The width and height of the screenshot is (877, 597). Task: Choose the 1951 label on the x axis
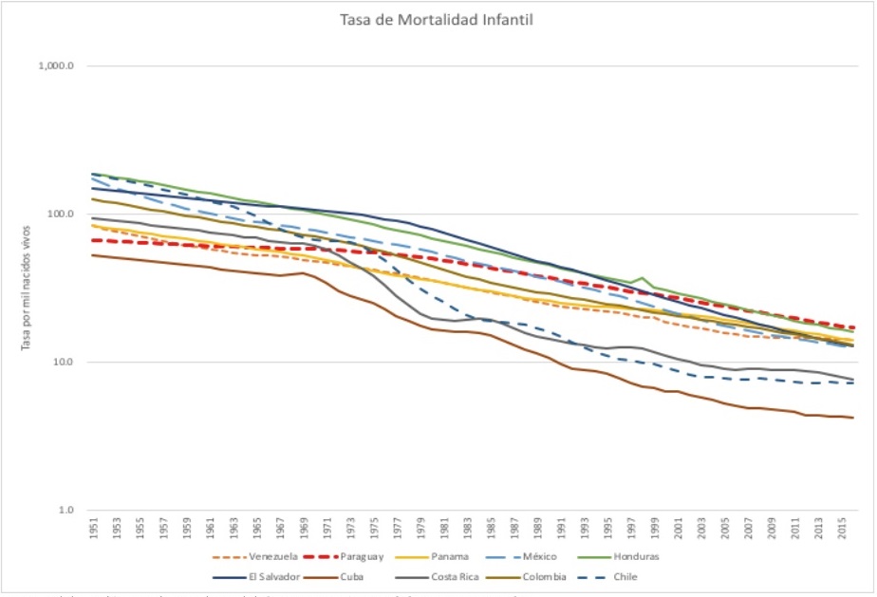93,529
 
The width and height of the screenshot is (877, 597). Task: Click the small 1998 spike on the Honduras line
643,278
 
